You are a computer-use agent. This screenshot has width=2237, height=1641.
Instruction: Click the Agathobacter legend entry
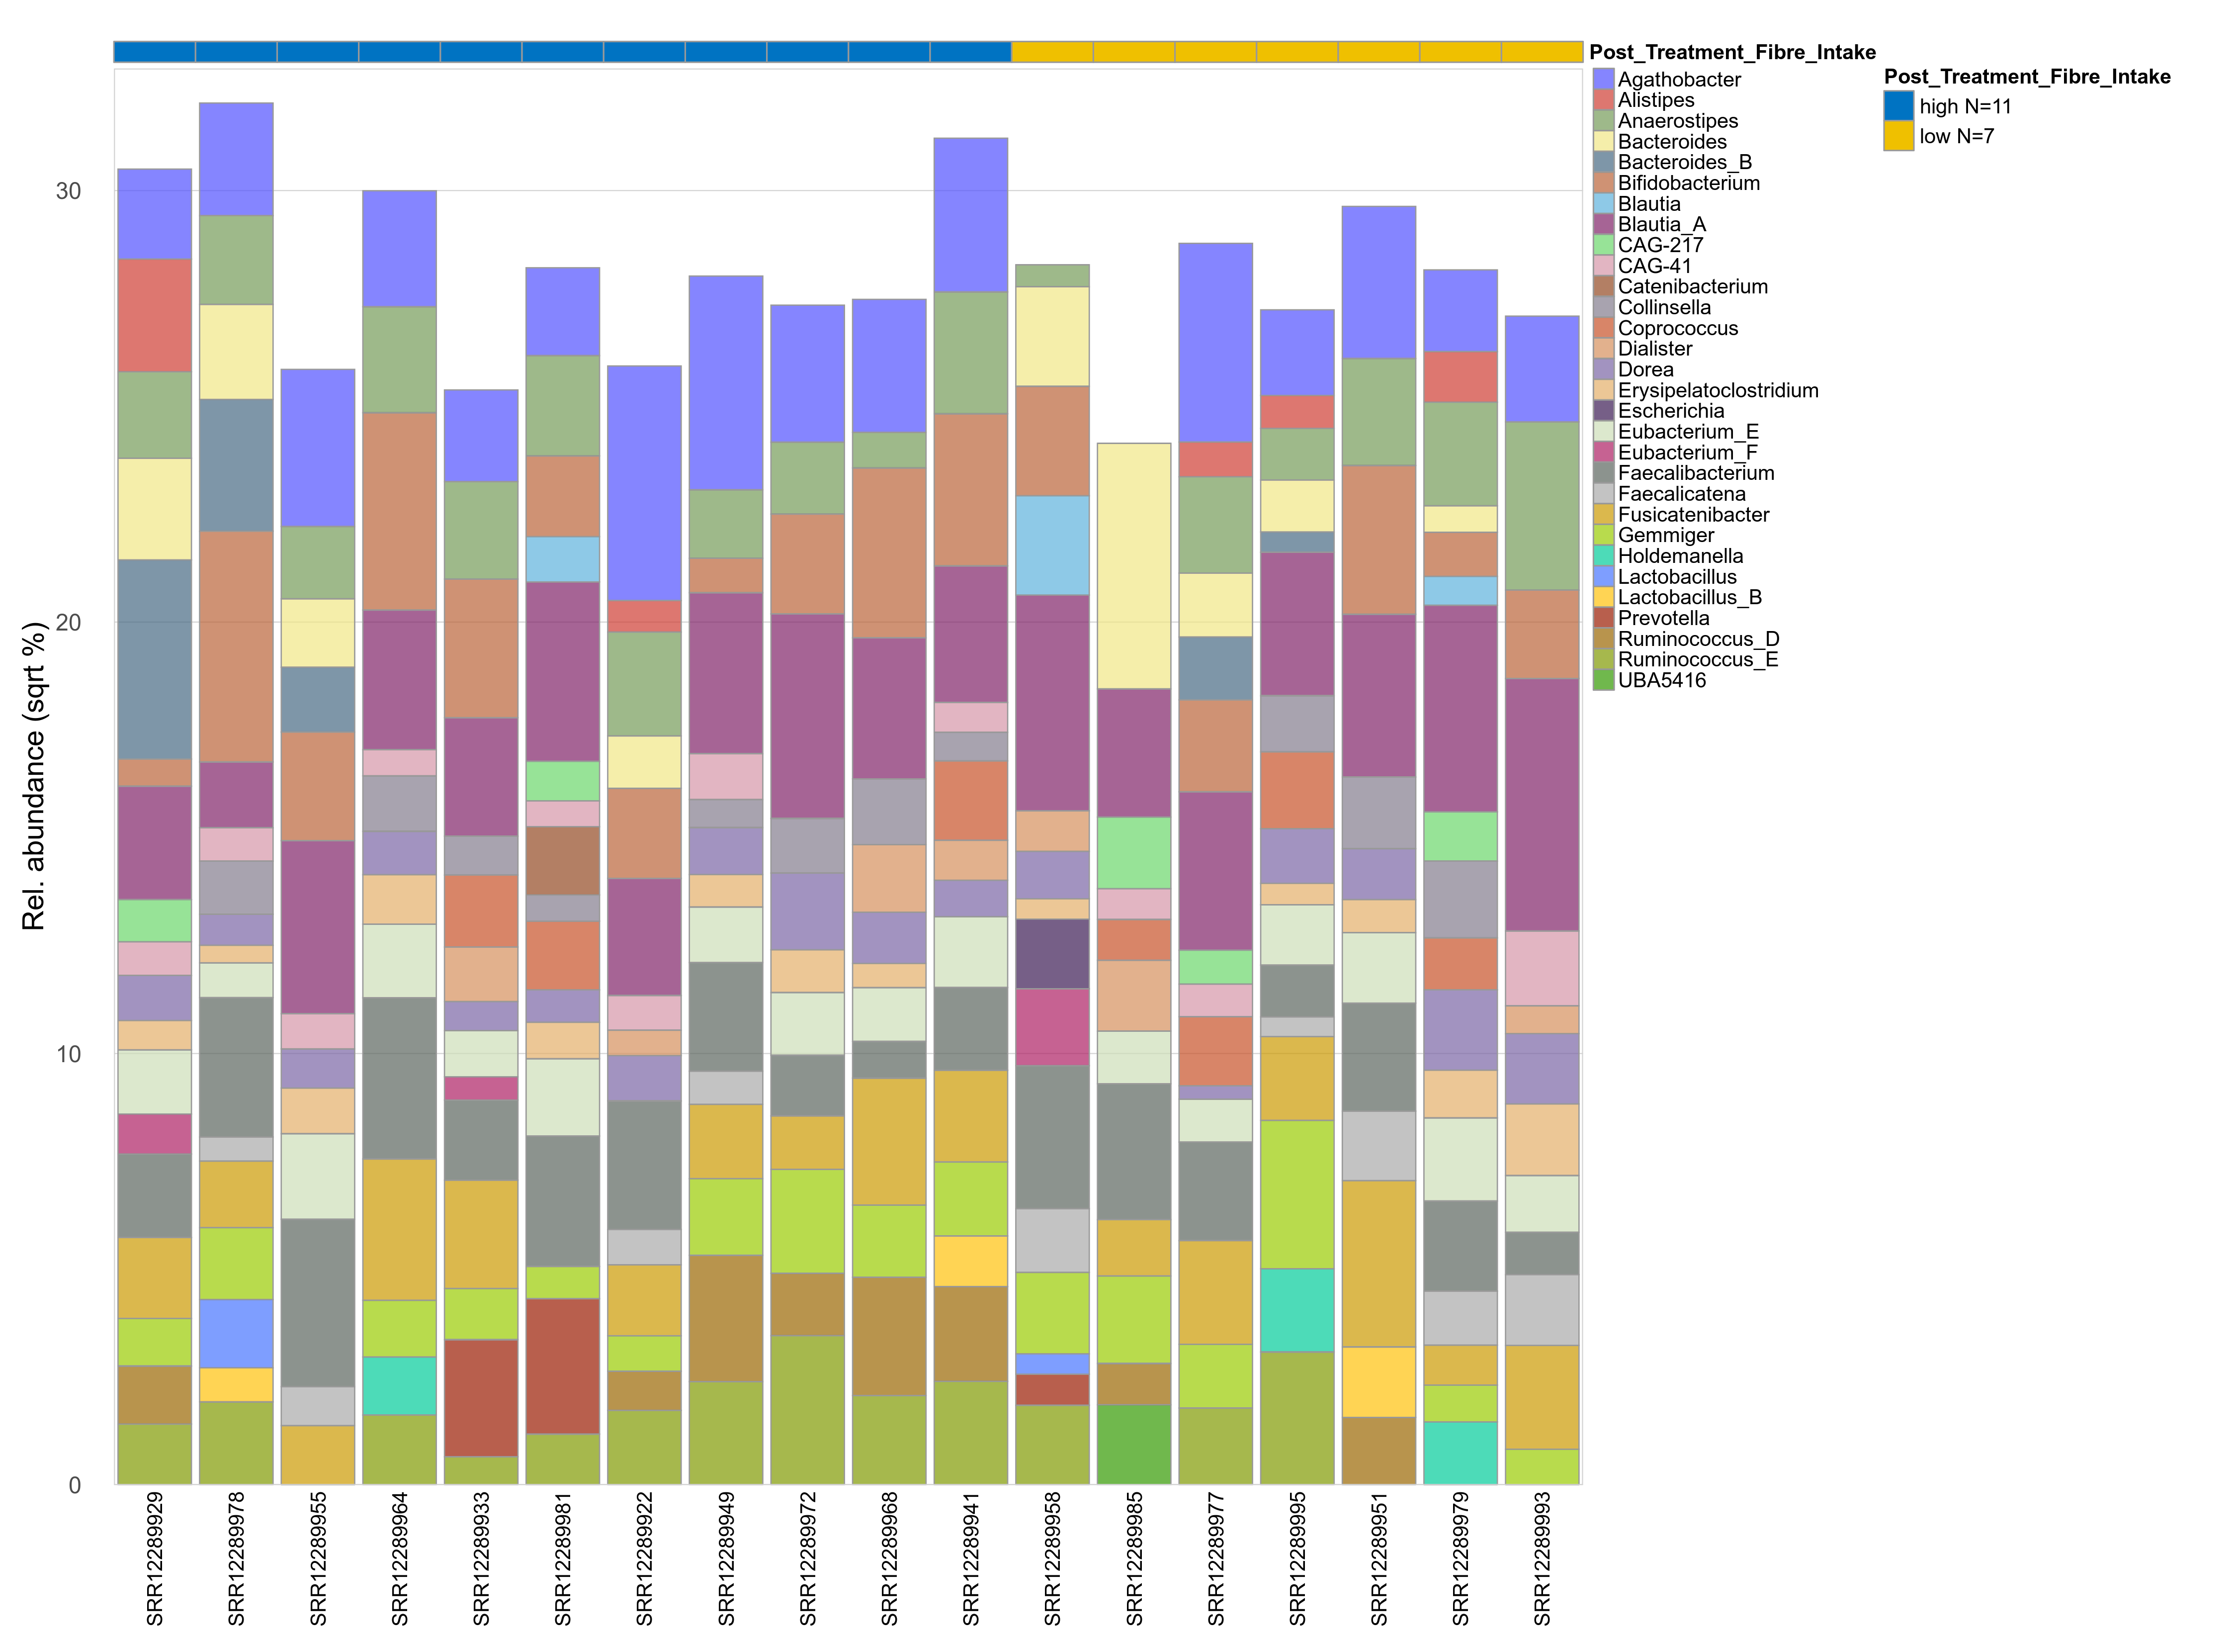[1678, 80]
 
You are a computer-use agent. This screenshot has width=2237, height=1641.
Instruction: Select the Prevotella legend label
[1663, 618]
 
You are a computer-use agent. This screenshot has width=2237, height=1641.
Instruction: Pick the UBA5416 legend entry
[1661, 680]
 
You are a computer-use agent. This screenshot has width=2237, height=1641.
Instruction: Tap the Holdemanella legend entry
[1680, 556]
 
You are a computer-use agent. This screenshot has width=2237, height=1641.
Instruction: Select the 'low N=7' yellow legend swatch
[1897, 136]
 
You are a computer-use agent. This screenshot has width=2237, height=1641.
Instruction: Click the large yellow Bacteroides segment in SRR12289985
[1134, 566]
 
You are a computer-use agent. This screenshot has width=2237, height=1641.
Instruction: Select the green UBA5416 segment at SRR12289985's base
[1134, 1444]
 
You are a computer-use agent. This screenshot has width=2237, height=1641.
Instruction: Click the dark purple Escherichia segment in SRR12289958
[1052, 954]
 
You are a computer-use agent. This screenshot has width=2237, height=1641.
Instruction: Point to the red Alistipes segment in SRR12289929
[155, 316]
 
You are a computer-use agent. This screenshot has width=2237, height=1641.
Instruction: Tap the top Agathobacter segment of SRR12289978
[236, 159]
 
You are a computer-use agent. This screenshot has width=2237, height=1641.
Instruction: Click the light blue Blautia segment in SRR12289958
[1052, 546]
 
